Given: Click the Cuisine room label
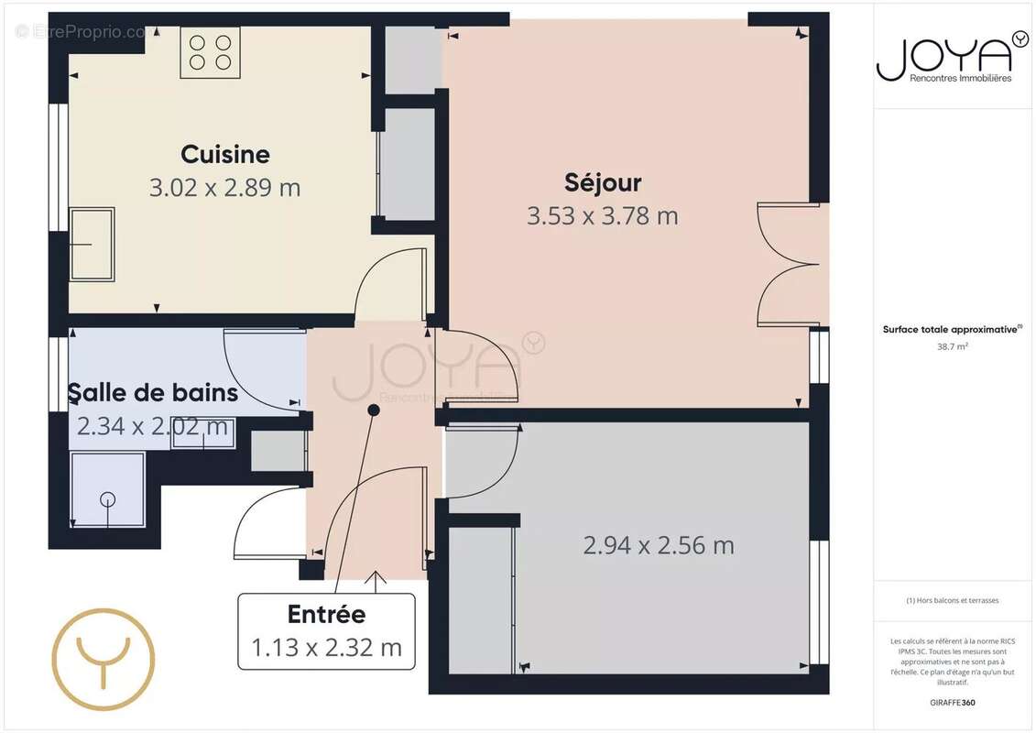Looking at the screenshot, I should pyautogui.click(x=224, y=154).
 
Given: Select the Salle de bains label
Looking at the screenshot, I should pyautogui.click(x=153, y=393).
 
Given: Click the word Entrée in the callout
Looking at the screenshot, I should pyautogui.click(x=326, y=614).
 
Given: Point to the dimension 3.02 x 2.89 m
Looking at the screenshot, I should pyautogui.click(x=224, y=188).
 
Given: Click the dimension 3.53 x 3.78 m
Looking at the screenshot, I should pyautogui.click(x=602, y=216).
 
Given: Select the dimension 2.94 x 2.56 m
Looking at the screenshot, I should pyautogui.click(x=659, y=545).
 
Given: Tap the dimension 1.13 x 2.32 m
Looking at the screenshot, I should pyautogui.click(x=326, y=647).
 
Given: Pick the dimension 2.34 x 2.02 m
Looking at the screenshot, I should pyautogui.click(x=152, y=426).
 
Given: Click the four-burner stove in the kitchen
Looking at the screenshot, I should pyautogui.click(x=210, y=52).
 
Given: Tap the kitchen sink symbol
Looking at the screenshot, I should pyautogui.click(x=93, y=244).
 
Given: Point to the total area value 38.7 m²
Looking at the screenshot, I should pyautogui.click(x=953, y=347).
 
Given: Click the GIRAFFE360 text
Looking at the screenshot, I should pyautogui.click(x=953, y=701).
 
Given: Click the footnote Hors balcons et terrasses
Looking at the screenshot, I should pyautogui.click(x=953, y=601).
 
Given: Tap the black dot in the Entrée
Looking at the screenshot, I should pyautogui.click(x=373, y=410).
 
